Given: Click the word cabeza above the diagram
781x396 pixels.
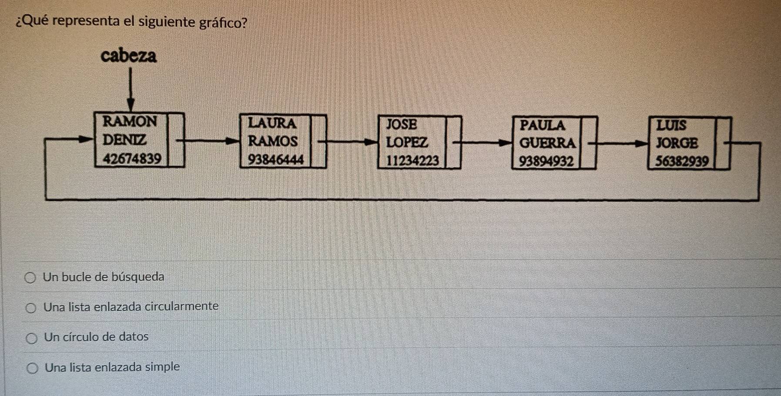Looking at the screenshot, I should point(128,56).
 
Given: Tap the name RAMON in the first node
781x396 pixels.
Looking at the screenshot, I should point(130,121).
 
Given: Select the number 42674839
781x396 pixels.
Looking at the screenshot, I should point(132,159).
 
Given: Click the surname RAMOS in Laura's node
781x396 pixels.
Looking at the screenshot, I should point(273,141).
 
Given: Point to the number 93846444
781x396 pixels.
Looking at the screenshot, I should point(276,160).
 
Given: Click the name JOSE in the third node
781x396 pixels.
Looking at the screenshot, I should point(402,125).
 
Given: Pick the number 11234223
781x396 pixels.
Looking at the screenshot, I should point(412,161).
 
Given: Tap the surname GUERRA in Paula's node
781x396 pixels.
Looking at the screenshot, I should point(547,143).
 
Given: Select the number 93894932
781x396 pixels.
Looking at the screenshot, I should point(546,162).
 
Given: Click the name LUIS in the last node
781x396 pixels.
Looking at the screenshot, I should point(671,126).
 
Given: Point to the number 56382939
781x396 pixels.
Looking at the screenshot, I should point(682,162).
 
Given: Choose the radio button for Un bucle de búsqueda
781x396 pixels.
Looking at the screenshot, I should point(30,278).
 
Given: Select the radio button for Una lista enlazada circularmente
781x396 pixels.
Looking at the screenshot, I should point(31,308).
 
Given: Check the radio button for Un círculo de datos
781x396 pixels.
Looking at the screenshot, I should point(31,338).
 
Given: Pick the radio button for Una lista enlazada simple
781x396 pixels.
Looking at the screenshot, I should point(32,369).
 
